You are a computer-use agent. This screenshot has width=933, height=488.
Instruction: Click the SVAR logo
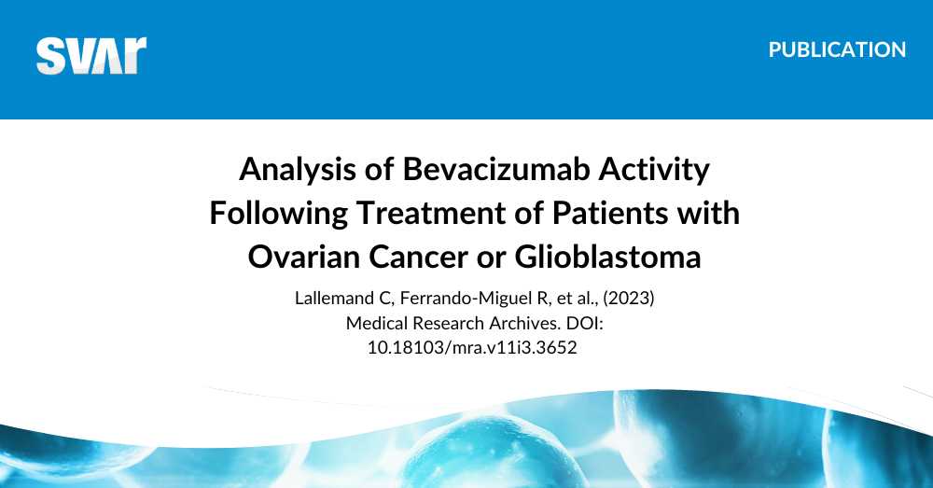pyautogui.click(x=91, y=55)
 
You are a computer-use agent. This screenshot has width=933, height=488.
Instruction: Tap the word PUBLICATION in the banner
pyautogui.click(x=837, y=50)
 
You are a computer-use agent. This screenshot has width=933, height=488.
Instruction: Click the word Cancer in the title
pyautogui.click(x=416, y=256)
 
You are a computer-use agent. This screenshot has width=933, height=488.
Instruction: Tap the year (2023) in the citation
pyautogui.click(x=610, y=300)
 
